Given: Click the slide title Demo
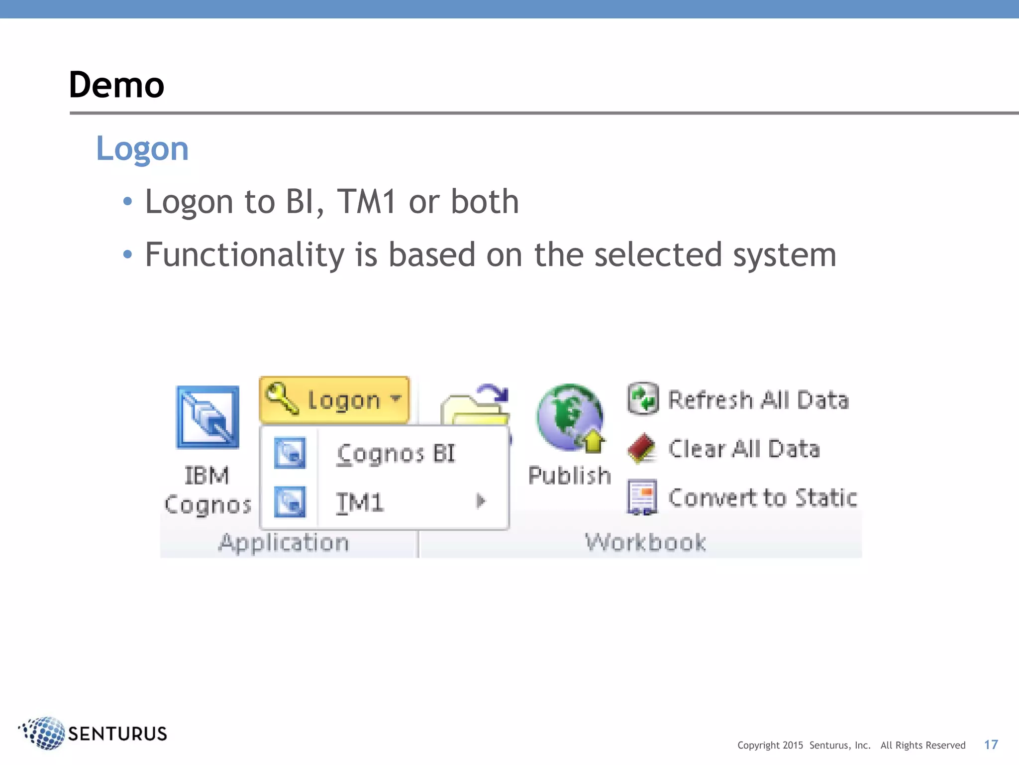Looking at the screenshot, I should tap(116, 85).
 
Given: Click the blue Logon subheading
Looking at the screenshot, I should tap(142, 148).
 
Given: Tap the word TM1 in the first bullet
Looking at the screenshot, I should tap(367, 202).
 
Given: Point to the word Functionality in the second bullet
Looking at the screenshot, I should tap(244, 255).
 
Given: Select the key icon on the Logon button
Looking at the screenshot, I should tap(282, 398).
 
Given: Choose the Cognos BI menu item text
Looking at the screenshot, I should tap(396, 454).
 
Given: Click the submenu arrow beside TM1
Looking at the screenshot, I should tap(480, 501).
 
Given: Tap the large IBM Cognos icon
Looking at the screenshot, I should tap(207, 417).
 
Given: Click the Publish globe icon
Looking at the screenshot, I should tap(570, 417).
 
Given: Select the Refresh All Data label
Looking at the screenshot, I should tap(758, 400).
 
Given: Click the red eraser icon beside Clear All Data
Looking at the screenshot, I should tap(641, 448).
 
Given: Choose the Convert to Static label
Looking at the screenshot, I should tap(762, 498).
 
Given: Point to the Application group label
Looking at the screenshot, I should tap(284, 542).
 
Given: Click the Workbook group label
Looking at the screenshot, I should tap(645, 542).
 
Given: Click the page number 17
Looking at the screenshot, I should tap(991, 745).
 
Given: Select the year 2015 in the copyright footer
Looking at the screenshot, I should tap(793, 745).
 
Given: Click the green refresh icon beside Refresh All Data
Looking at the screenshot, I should tap(643, 399).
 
